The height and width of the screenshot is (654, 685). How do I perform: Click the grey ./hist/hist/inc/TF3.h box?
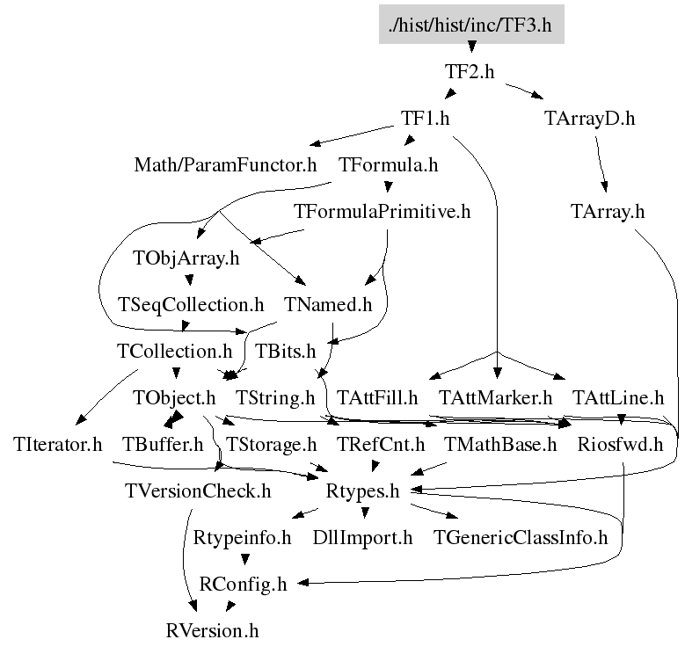tap(470, 25)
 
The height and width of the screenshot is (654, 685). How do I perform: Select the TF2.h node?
tap(470, 72)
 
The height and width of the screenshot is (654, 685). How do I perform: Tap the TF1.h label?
tap(426, 118)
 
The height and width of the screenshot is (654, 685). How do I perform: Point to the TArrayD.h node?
tap(583, 118)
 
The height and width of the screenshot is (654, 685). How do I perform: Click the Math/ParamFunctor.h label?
tap(225, 164)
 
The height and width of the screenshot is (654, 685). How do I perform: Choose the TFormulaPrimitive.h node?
tap(383, 211)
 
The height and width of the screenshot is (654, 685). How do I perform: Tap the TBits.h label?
tap(285, 351)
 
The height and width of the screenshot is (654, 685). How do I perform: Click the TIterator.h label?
tap(59, 444)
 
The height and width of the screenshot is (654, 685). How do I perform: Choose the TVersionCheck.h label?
tap(198, 490)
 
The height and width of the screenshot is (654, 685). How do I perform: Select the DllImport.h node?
tap(362, 537)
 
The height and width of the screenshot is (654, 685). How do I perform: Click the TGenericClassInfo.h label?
tap(521, 537)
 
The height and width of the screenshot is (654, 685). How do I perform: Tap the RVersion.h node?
tap(213, 630)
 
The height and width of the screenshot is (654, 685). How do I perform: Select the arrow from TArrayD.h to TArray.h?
tap(601, 163)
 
